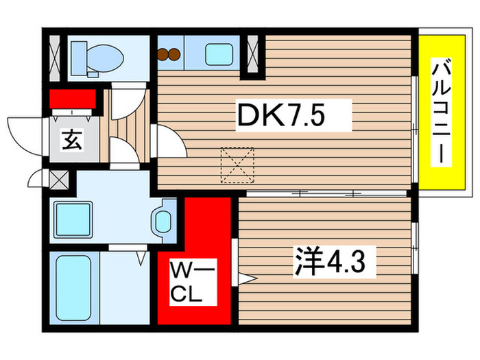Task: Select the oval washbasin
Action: [164, 221]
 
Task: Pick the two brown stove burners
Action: [169, 54]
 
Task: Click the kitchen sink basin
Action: [219, 54]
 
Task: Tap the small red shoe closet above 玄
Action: [71, 99]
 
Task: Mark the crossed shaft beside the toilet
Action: [54, 54]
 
